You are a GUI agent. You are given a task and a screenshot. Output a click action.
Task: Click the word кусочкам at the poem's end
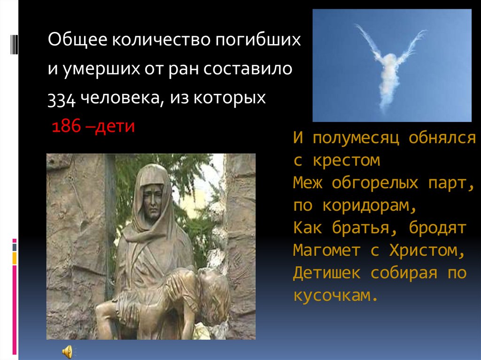pos(335,296)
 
